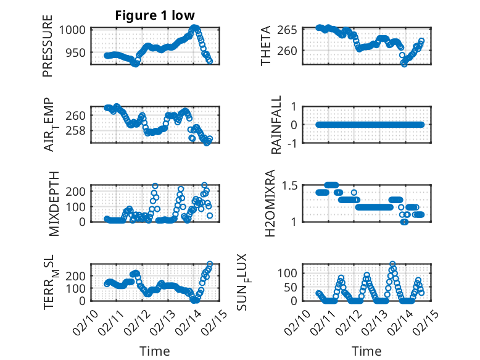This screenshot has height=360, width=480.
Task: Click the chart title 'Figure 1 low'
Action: [x=155, y=16]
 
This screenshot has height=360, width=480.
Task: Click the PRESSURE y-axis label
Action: [x=48, y=46]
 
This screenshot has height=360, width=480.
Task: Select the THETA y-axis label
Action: [x=266, y=46]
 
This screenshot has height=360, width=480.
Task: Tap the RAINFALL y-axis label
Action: [x=277, y=125]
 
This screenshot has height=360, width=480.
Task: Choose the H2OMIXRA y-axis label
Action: [x=270, y=203]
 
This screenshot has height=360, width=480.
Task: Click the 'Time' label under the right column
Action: [x=366, y=351]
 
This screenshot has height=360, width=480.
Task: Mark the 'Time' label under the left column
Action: [x=155, y=351]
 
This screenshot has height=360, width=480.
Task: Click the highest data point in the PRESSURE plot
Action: [x=195, y=28]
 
